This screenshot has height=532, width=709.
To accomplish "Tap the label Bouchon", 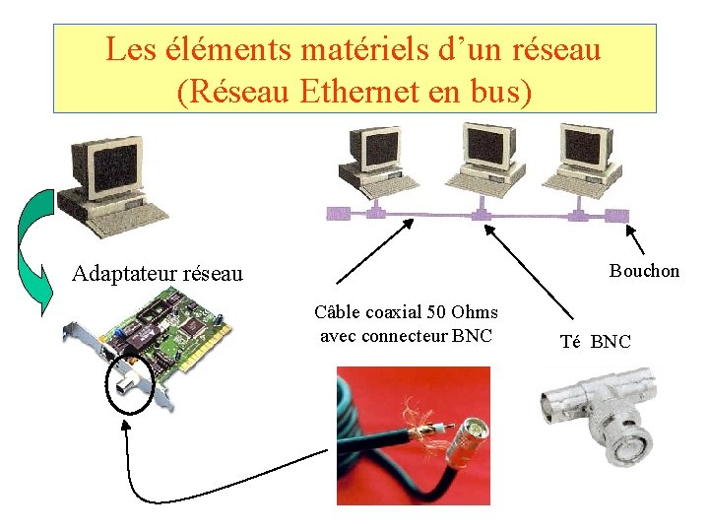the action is [644, 271].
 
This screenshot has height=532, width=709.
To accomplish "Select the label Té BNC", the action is [595, 342].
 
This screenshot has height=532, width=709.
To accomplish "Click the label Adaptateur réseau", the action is [158, 273].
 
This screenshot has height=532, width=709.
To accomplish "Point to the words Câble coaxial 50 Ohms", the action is [406, 313].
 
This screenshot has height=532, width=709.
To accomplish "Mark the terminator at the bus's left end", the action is [338, 213].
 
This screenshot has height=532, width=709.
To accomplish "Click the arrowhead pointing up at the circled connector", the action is [126, 425].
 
